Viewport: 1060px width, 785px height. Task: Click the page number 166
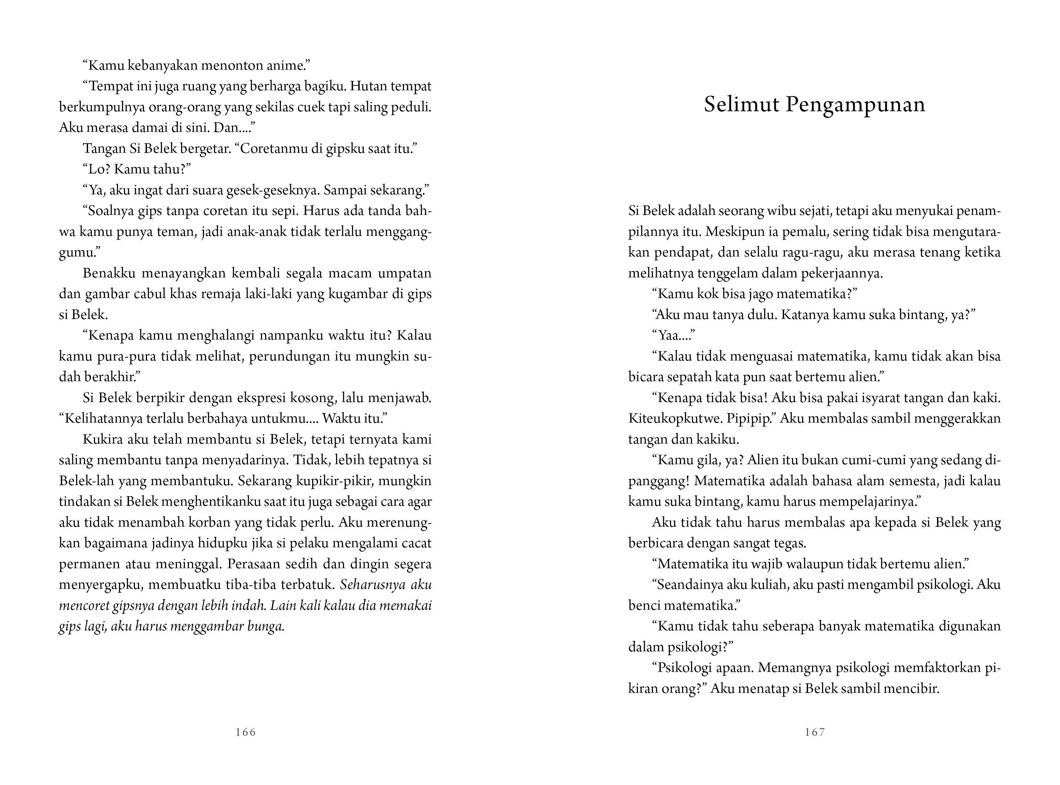[x=246, y=732]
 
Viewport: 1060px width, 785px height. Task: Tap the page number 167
[x=815, y=732]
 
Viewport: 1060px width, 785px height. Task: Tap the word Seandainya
[x=689, y=585]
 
